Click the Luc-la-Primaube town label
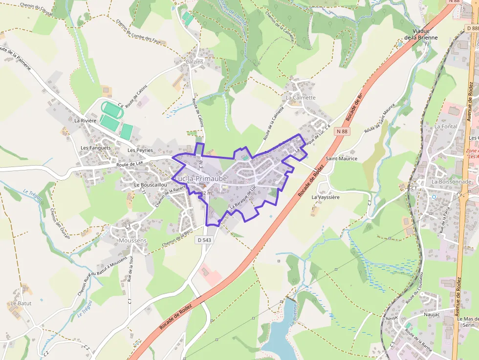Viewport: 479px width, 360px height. click(x=199, y=179)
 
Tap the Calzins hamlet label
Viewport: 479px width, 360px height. click(x=195, y=62)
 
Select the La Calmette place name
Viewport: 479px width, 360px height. click(x=301, y=98)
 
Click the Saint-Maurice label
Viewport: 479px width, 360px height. click(x=341, y=159)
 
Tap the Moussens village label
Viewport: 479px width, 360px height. click(x=132, y=241)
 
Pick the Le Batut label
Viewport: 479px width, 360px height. click(x=21, y=303)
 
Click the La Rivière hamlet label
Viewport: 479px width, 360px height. click(x=86, y=120)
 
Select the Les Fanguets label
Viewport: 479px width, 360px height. click(x=95, y=148)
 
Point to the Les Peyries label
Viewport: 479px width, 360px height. click(x=140, y=150)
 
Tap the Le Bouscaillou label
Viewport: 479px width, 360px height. click(x=151, y=185)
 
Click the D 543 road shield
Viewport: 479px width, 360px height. click(x=205, y=240)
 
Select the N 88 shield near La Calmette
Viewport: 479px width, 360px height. click(x=342, y=131)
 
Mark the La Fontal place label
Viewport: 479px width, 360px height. click(x=445, y=127)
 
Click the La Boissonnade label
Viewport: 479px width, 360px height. click(x=451, y=182)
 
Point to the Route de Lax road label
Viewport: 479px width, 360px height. click(x=130, y=164)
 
